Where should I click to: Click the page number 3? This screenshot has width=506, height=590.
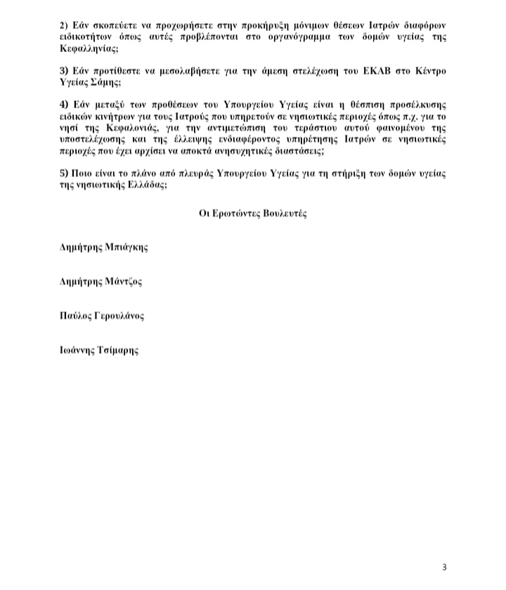tap(444, 568)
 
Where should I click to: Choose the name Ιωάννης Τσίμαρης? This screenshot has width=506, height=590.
tap(99, 350)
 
